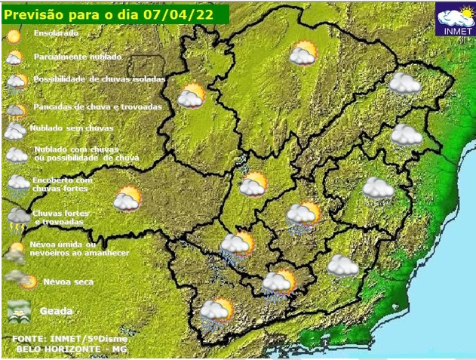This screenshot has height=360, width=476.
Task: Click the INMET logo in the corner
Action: pos(456,20)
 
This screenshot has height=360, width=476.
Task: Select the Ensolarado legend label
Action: pos(56,34)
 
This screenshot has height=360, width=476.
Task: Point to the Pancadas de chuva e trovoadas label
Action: pos(97,106)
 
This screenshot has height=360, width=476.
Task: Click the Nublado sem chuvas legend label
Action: pos(66,128)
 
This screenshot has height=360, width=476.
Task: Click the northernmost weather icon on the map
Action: pos(304,53)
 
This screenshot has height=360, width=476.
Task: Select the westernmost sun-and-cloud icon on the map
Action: pos(127,199)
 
